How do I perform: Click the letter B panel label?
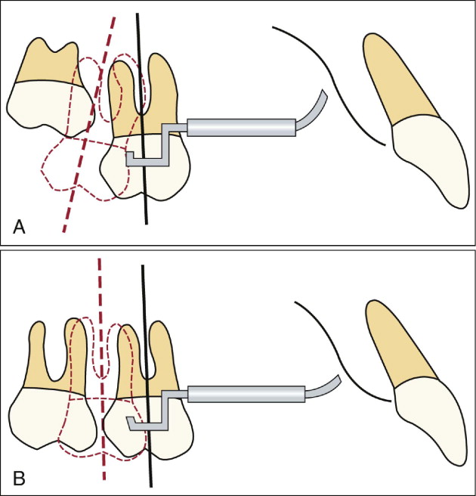[x=19, y=478]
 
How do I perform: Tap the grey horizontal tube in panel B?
[x=246, y=393]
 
